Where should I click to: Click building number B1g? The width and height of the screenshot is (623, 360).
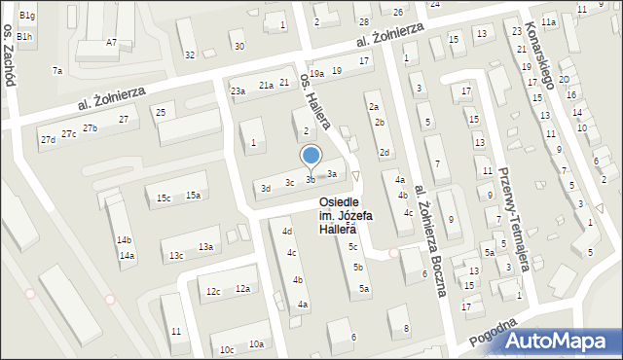tap(27, 16)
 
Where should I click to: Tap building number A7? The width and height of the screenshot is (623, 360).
tap(112, 42)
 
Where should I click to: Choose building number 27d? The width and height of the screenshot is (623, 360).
tap(48, 140)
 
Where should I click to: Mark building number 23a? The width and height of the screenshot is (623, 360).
tap(238, 90)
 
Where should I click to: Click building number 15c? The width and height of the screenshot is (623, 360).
tap(164, 198)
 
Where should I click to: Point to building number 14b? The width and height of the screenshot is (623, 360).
tap(124, 239)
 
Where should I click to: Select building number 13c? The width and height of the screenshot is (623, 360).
tap(176, 256)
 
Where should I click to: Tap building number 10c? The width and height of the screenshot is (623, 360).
tap(226, 349)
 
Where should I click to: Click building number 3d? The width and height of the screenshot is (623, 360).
tap(265, 188)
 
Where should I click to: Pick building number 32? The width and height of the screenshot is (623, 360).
tap(190, 54)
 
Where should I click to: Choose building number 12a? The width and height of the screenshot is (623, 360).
tap(243, 289)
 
